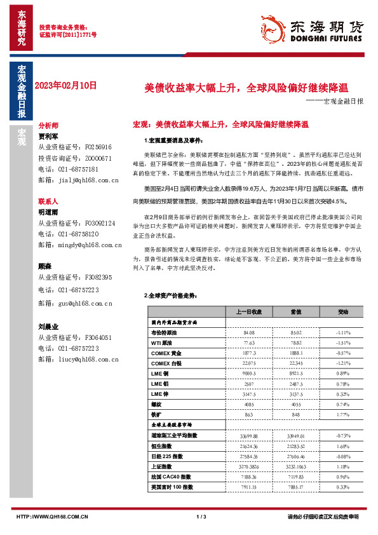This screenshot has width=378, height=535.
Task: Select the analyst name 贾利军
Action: (48, 136)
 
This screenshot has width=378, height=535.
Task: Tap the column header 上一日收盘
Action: (249, 313)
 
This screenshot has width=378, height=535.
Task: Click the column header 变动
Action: (343, 313)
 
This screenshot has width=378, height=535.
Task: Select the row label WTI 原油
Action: (164, 342)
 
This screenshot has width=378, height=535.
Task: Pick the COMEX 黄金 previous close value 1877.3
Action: (249, 353)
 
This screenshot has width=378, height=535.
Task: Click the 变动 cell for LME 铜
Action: (343, 374)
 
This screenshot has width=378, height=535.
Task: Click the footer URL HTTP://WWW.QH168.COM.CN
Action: (51, 517)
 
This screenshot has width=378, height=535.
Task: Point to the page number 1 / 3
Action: (201, 517)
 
